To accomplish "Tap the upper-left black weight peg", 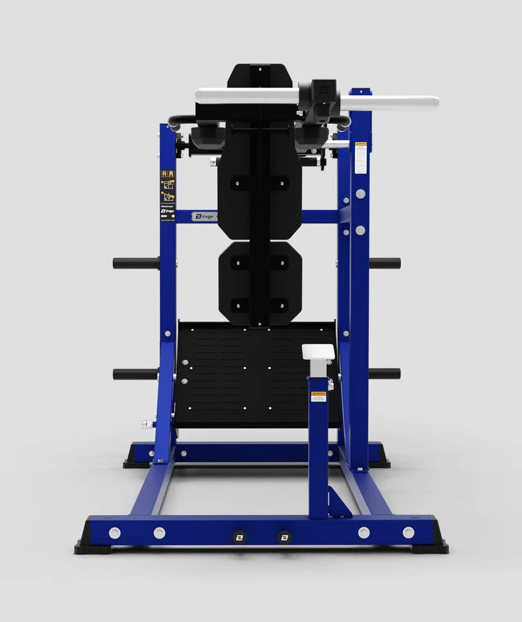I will [136, 263].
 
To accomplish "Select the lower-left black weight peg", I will [136, 374].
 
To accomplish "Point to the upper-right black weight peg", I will [385, 263].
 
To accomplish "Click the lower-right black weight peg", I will [385, 374].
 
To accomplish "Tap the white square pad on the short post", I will [318, 352].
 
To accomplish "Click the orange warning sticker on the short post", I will [318, 396].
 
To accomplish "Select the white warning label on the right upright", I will [361, 158].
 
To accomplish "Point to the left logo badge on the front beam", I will [239, 536].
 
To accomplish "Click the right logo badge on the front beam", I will [284, 536].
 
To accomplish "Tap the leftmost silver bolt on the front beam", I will [115, 533].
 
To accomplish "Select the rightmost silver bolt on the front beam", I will [408, 533].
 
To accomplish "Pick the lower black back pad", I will [260, 284].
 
